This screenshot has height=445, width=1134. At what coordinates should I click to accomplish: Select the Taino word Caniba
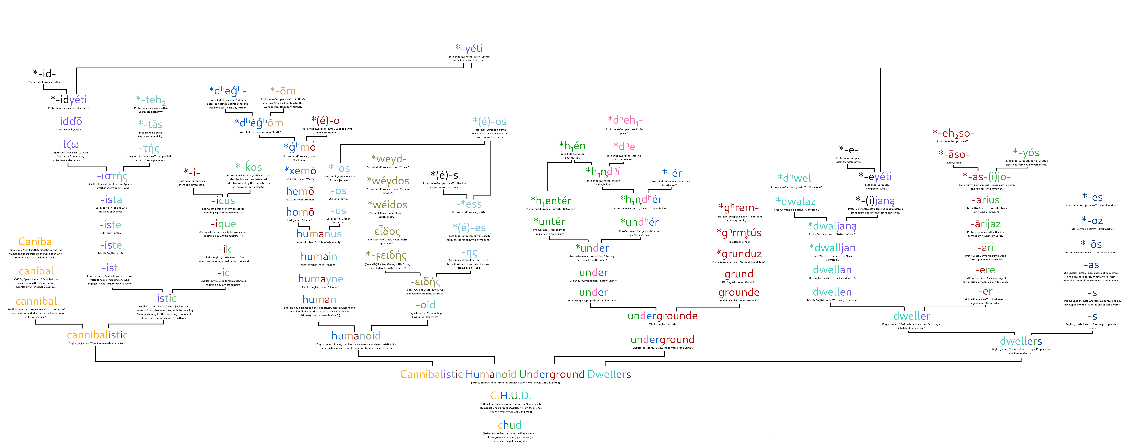click(x=35, y=242)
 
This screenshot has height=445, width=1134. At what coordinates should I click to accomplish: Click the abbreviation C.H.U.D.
click(x=511, y=396)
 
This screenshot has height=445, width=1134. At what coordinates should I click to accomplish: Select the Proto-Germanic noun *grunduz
click(x=739, y=254)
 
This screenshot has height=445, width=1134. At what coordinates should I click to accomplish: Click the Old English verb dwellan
click(x=832, y=270)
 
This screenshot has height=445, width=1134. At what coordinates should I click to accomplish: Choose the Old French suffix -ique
click(x=223, y=224)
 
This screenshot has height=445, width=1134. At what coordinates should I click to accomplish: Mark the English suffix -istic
click(x=164, y=298)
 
